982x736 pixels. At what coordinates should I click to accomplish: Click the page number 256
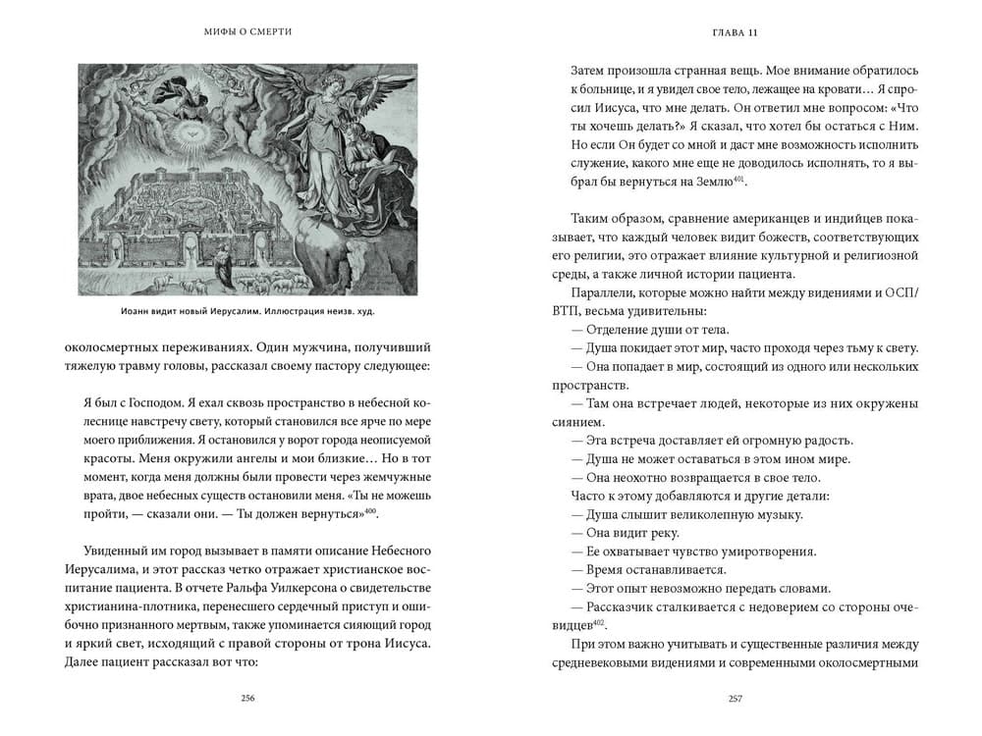247,698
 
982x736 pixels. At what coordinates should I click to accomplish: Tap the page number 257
735,698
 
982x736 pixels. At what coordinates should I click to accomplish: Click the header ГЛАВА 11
735,32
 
